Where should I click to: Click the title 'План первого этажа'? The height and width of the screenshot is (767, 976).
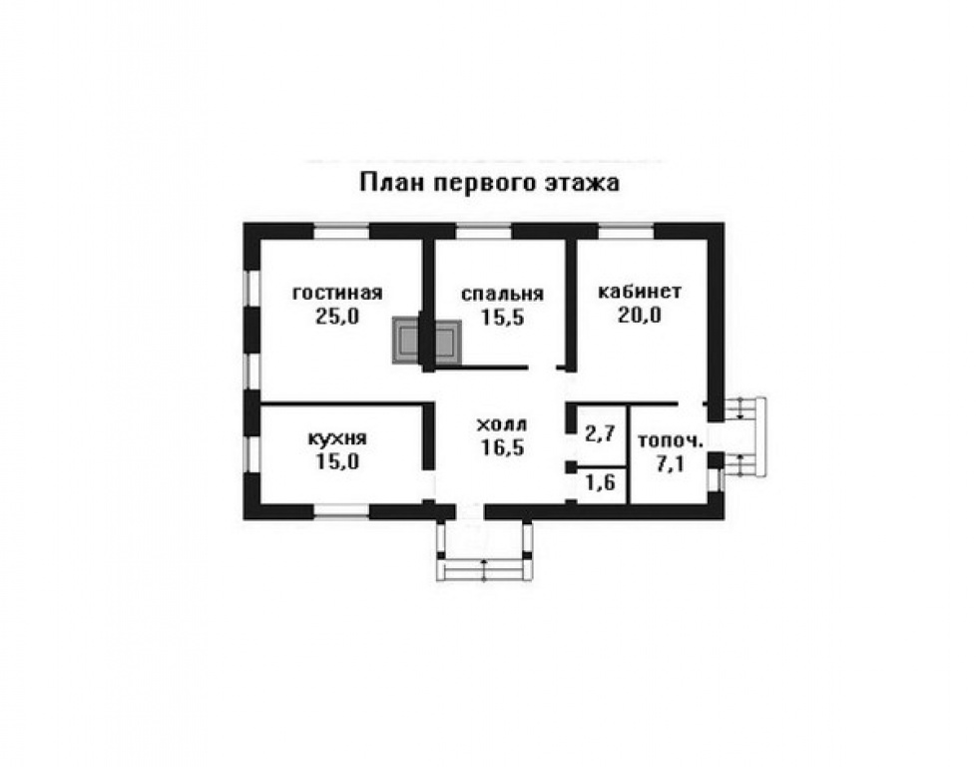[x=488, y=184]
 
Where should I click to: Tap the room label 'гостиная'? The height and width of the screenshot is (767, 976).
[x=337, y=293]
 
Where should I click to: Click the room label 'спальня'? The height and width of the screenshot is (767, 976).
[x=502, y=294]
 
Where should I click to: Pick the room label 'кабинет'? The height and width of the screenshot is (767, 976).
[x=639, y=292]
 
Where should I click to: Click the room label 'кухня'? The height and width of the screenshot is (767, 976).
[x=337, y=437]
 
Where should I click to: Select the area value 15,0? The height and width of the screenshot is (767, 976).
[x=337, y=461]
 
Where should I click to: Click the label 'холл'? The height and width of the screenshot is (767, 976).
[x=501, y=423]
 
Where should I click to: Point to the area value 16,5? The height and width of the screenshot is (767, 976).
[x=501, y=447]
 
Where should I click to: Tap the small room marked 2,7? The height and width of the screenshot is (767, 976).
[x=599, y=433]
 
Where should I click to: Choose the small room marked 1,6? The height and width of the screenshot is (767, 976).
[x=599, y=484]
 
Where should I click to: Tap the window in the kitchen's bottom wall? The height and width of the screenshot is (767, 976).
[x=341, y=512]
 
